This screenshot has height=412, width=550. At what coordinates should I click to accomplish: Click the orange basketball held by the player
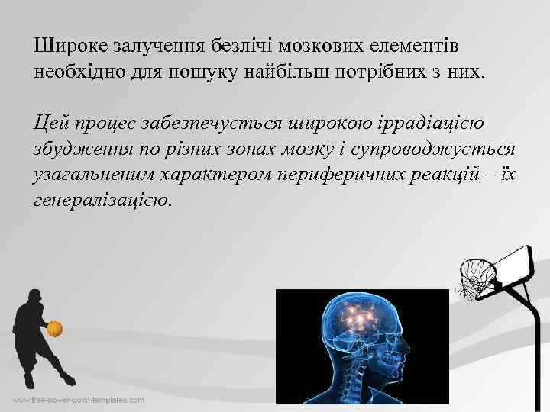pos(54,329)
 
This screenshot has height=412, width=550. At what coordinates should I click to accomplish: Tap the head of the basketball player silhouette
pos(34,297)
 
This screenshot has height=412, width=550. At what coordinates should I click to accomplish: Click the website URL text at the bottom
pos(78,399)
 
